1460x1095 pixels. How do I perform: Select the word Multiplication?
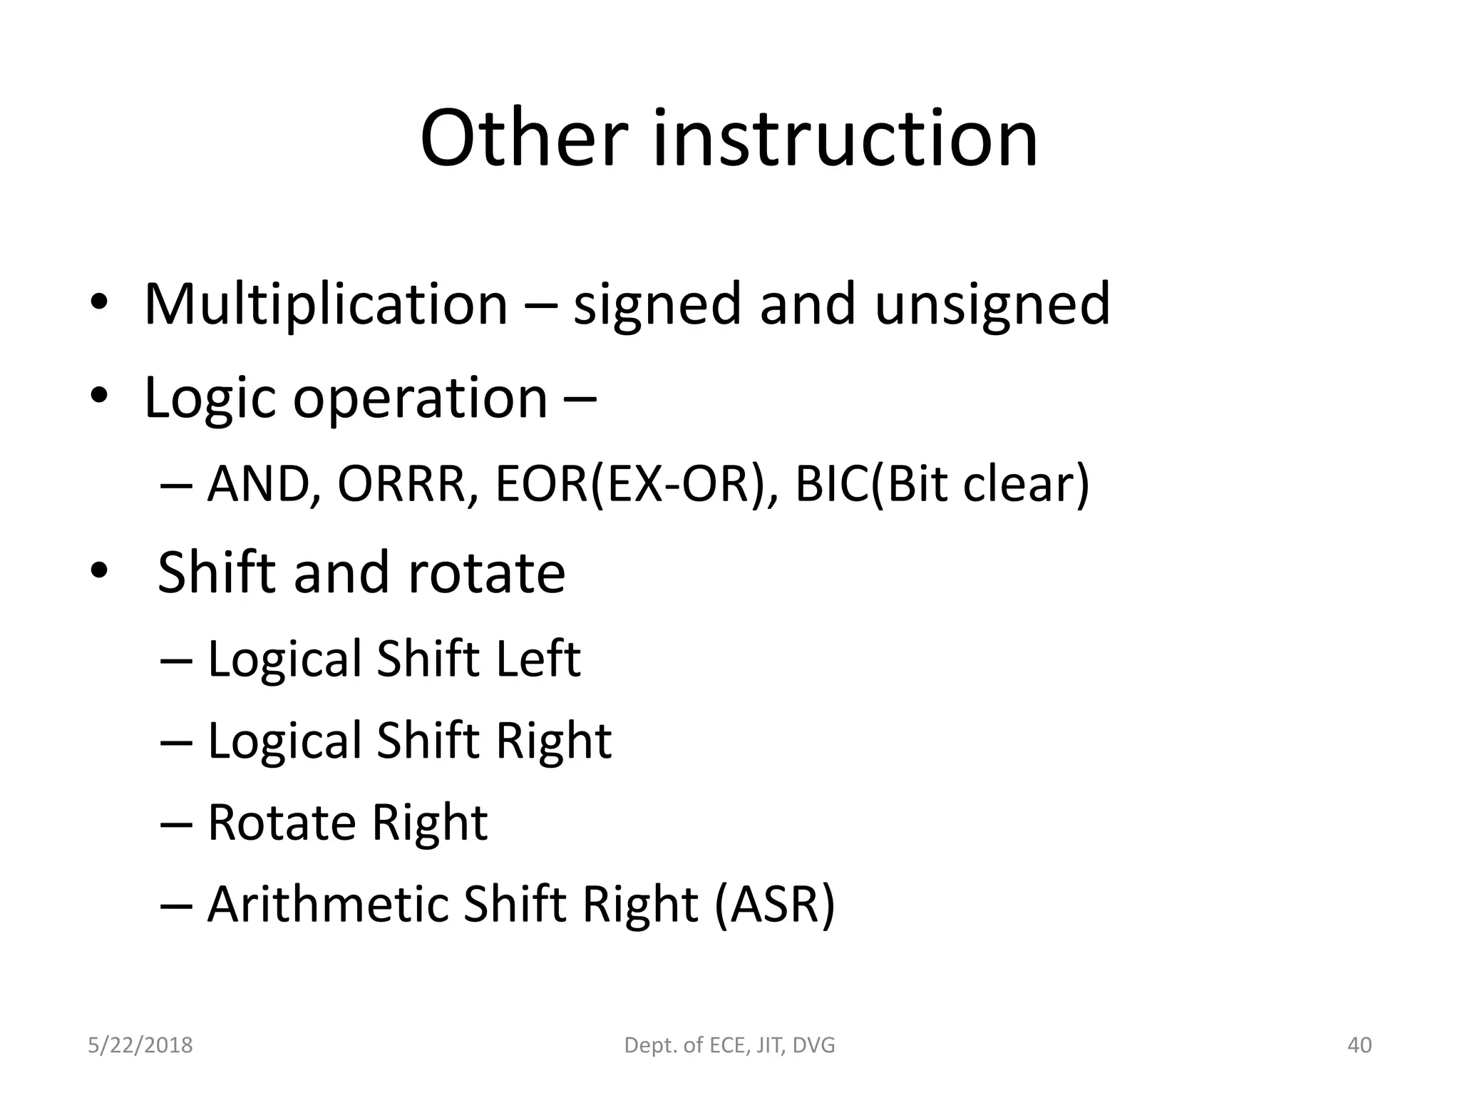tap(326, 304)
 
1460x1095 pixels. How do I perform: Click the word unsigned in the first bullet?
tap(992, 304)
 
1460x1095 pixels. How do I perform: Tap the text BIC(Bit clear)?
tap(942, 484)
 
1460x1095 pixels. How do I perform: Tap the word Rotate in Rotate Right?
tap(282, 823)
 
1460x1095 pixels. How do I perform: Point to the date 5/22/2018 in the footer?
tap(140, 1045)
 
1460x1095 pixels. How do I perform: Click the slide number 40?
tap(1359, 1045)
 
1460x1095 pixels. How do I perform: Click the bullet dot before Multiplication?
tap(99, 305)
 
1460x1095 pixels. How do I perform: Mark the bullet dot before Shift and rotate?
tap(99, 572)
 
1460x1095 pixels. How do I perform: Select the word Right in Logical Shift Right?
tap(553, 741)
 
